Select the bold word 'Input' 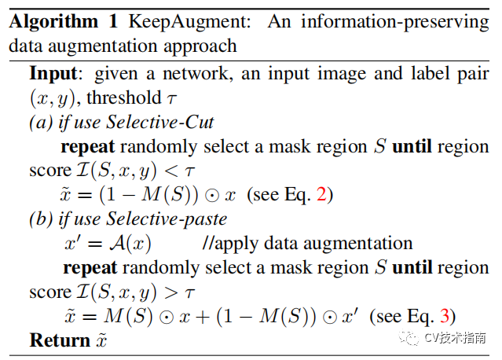tap(57, 74)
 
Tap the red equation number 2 tap(320, 195)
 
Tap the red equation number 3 tap(446, 317)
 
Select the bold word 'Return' tap(60, 340)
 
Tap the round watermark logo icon tap(410, 338)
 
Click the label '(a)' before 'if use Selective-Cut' tap(40, 123)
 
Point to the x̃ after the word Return tap(101, 340)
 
